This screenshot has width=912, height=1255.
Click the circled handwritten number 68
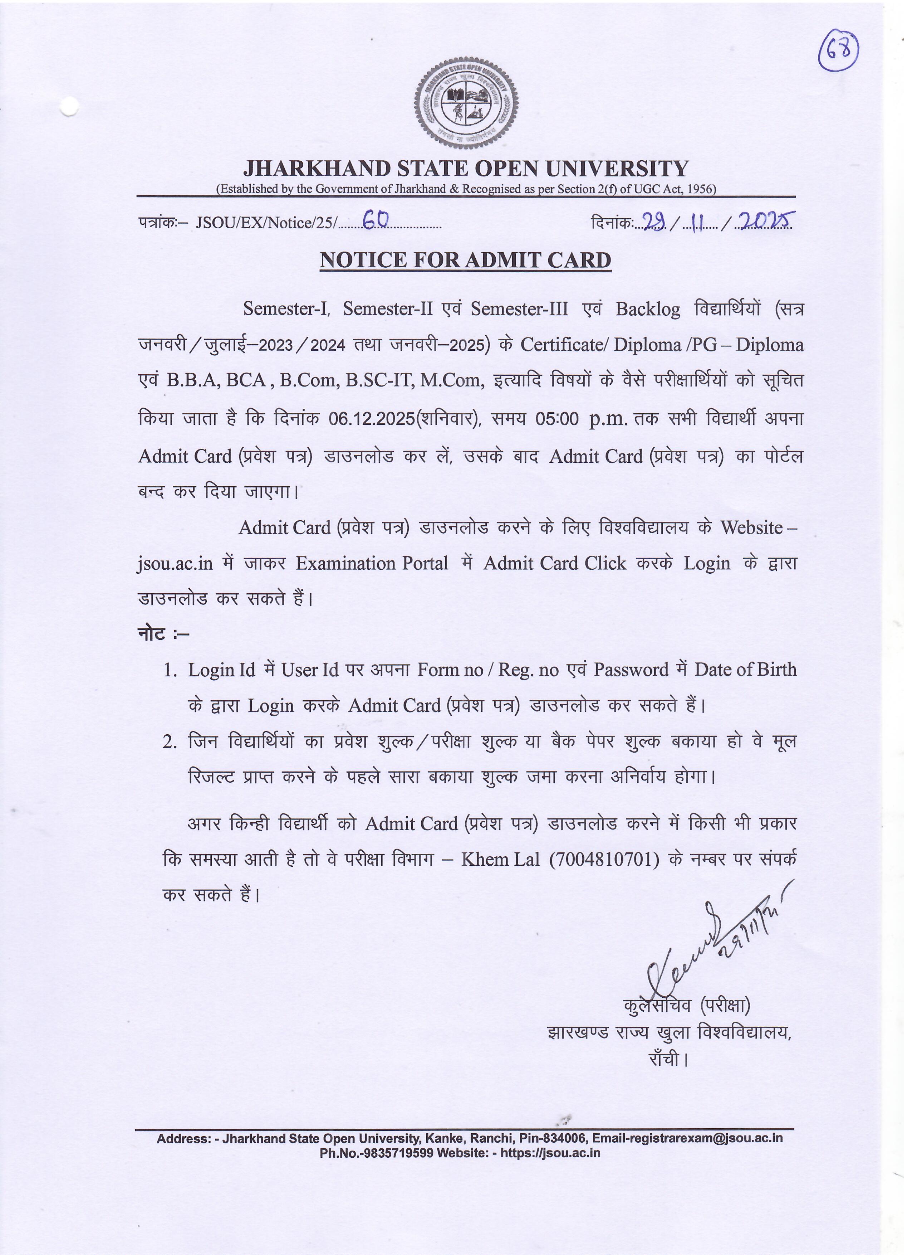tap(838, 52)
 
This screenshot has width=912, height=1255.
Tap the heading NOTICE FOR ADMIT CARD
tap(465, 260)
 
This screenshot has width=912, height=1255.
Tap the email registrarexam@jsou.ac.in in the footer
tap(687, 1138)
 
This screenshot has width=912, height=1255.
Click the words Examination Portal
tap(372, 563)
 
